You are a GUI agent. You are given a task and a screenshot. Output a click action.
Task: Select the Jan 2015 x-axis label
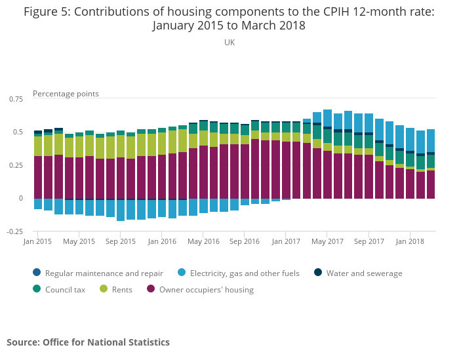pyautogui.click(x=37, y=241)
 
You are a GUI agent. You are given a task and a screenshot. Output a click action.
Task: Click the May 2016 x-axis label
pyautogui.click(x=203, y=241)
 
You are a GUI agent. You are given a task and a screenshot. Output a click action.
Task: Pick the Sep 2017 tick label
pyautogui.click(x=369, y=241)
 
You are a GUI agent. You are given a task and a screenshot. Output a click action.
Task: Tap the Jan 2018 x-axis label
pyautogui.click(x=410, y=241)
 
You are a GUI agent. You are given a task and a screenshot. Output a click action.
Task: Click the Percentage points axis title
pyautogui.click(x=66, y=94)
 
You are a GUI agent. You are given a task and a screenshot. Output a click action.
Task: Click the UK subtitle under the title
pyautogui.click(x=229, y=43)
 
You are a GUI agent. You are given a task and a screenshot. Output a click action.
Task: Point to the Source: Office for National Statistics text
pyautogui.click(x=88, y=342)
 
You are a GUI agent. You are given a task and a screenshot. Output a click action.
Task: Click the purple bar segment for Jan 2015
pyautogui.click(x=38, y=177)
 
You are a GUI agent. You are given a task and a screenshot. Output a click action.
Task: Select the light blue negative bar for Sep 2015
pyautogui.click(x=121, y=210)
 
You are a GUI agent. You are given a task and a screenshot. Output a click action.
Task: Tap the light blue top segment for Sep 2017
pyautogui.click(x=369, y=123)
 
